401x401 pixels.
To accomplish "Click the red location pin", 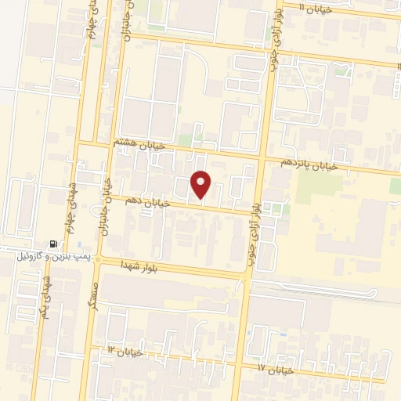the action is (201, 184).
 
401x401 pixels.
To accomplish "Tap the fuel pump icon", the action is (53, 244).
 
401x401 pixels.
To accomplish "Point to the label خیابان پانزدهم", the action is (311, 164).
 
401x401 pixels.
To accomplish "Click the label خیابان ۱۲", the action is (125, 351).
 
